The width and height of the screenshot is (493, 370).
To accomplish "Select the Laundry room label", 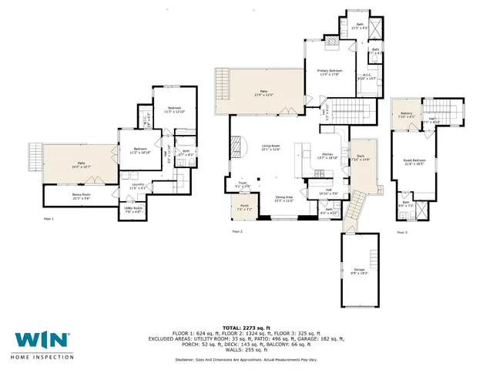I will pyautogui.click(x=139, y=183).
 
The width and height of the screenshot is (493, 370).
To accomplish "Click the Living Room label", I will pyautogui.click(x=270, y=146).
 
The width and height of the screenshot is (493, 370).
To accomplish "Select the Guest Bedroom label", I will pyautogui.click(x=414, y=160).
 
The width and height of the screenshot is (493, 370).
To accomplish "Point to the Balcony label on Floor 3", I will pyautogui.click(x=407, y=115).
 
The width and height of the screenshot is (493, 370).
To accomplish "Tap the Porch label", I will pyautogui.click(x=245, y=207).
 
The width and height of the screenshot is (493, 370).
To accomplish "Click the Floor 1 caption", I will pyautogui.click(x=49, y=219).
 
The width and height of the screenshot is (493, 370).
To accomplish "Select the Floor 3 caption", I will pyautogui.click(x=401, y=231).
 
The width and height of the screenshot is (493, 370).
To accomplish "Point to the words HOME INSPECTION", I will pyautogui.click(x=41, y=357).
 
